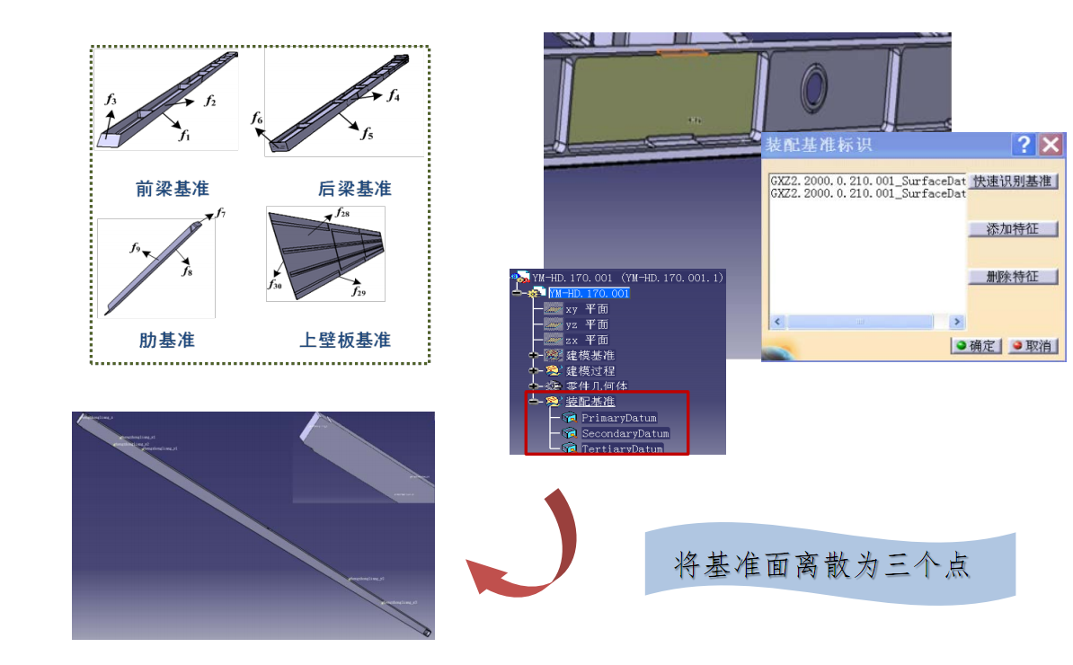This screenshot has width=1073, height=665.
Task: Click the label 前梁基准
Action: [x=173, y=189]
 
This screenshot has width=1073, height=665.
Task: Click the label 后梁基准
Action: [x=354, y=190]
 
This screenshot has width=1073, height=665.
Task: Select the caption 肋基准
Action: [x=167, y=341]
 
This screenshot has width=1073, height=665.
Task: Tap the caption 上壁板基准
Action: [x=345, y=341]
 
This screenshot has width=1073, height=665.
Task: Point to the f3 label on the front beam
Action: [x=111, y=99]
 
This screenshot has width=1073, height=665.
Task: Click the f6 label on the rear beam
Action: [x=258, y=120]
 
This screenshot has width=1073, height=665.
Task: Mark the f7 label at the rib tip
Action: [x=221, y=213]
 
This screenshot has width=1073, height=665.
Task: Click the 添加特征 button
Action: [x=1013, y=229]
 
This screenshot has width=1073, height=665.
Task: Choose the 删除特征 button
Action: [x=1013, y=277]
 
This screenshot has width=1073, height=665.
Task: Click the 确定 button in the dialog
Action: [x=976, y=346]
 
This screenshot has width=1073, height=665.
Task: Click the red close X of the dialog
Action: [x=1051, y=145]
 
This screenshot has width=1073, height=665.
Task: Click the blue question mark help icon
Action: [x=1023, y=145]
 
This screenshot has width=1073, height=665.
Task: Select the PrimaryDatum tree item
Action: [x=618, y=418]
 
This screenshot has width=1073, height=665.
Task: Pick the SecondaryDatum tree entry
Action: [x=625, y=433]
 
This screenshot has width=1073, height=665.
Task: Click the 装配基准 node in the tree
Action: [x=590, y=401]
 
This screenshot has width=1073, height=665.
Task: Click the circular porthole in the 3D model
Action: [x=815, y=88]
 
